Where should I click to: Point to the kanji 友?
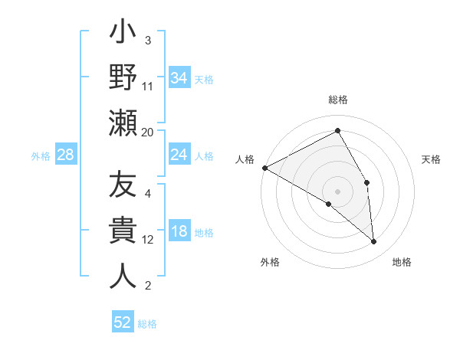[x=123, y=186]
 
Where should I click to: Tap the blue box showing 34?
[x=179, y=77]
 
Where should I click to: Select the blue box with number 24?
[x=179, y=155]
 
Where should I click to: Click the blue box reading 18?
[x=179, y=232]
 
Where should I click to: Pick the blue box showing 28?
[x=65, y=155]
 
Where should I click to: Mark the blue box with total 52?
[x=123, y=322]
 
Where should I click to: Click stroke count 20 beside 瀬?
[x=148, y=132]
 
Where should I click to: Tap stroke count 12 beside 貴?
[x=148, y=240]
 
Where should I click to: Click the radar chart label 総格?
[x=338, y=100]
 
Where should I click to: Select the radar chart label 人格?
[x=245, y=159]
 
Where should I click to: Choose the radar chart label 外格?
[x=270, y=262]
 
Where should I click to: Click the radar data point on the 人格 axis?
[x=264, y=167]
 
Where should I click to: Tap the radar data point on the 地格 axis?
[x=373, y=242]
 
